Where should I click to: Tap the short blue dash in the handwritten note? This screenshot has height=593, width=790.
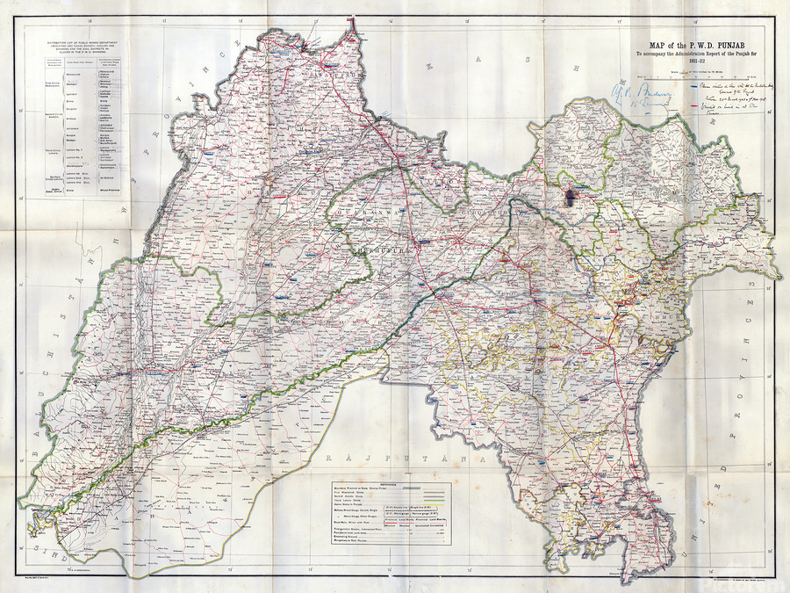pyautogui.click(x=695, y=87)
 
